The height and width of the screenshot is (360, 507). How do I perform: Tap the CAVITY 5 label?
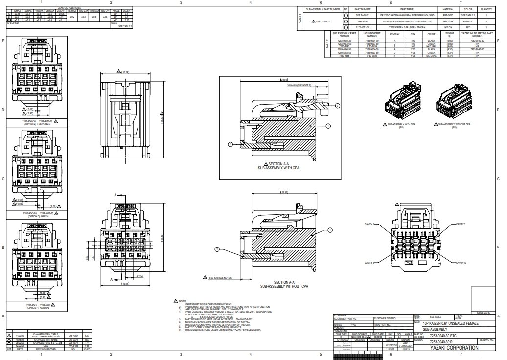click(461, 224)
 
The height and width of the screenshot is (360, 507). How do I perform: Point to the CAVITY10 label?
click(461, 263)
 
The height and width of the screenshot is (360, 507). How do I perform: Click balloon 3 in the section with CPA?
click(337, 106)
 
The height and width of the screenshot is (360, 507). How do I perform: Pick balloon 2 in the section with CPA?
click(230, 144)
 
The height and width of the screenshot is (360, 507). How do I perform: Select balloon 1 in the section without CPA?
click(330, 229)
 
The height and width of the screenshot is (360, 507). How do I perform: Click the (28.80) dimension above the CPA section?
click(283, 79)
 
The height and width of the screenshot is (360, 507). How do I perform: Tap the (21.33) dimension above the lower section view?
click(284, 192)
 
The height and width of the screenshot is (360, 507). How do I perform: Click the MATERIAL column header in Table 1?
click(448, 9)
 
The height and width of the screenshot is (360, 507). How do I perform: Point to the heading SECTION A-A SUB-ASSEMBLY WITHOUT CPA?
click(284, 284)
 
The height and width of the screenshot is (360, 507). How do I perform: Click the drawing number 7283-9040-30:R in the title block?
click(430, 342)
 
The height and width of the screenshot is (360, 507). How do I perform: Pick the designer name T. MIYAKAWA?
click(389, 345)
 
